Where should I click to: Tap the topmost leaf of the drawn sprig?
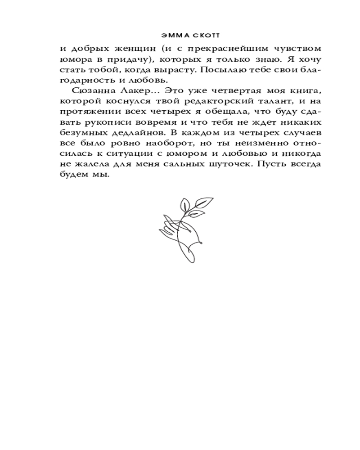pyautogui.click(x=207, y=200)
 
